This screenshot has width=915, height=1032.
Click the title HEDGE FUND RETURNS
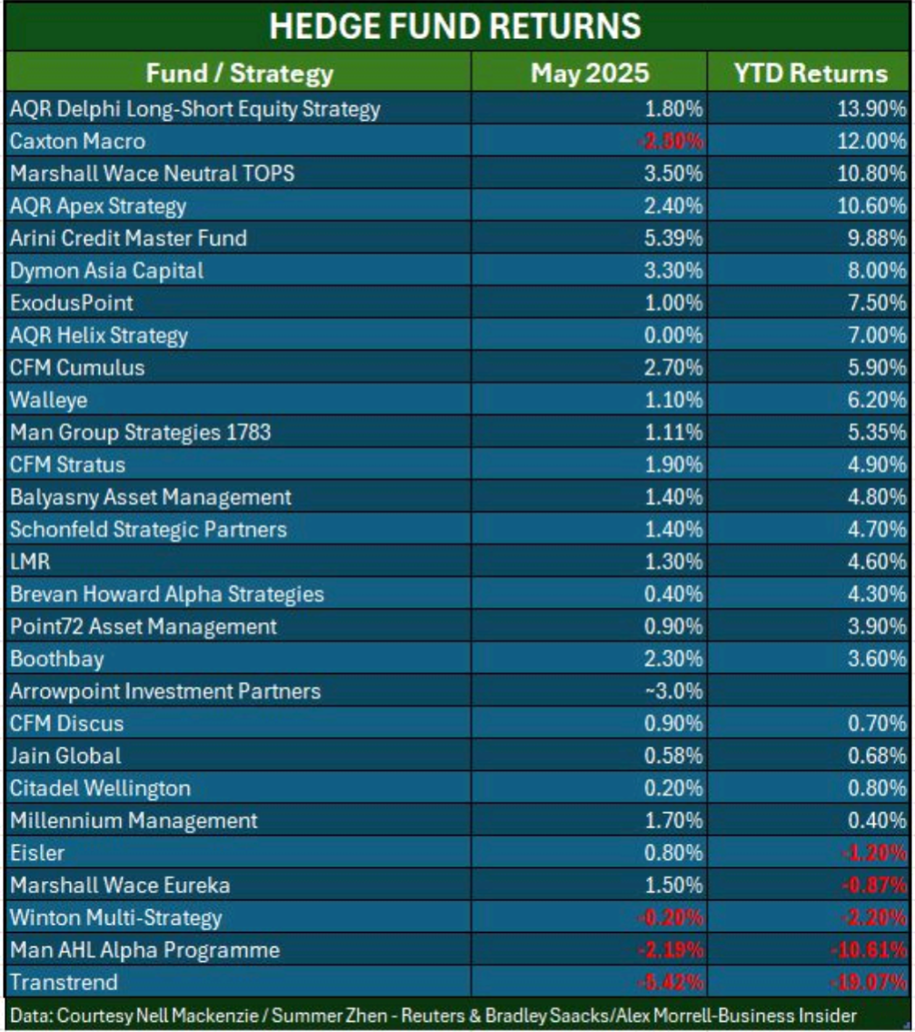[456, 26]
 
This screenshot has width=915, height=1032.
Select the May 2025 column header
[590, 73]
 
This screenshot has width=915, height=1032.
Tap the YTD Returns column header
[810, 73]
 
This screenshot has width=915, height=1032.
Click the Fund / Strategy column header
[240, 73]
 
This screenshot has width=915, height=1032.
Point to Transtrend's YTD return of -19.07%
[867, 983]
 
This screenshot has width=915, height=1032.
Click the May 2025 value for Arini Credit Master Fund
[673, 238]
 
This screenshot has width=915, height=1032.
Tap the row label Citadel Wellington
[100, 788]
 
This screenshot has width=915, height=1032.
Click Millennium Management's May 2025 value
[673, 821]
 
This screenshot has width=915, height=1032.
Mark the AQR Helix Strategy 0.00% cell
[673, 336]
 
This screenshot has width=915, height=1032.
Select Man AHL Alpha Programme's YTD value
[867, 950]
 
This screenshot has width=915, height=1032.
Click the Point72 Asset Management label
[144, 626]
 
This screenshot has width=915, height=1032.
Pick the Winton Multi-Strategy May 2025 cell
[673, 917]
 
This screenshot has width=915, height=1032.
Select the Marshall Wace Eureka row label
[120, 886]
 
